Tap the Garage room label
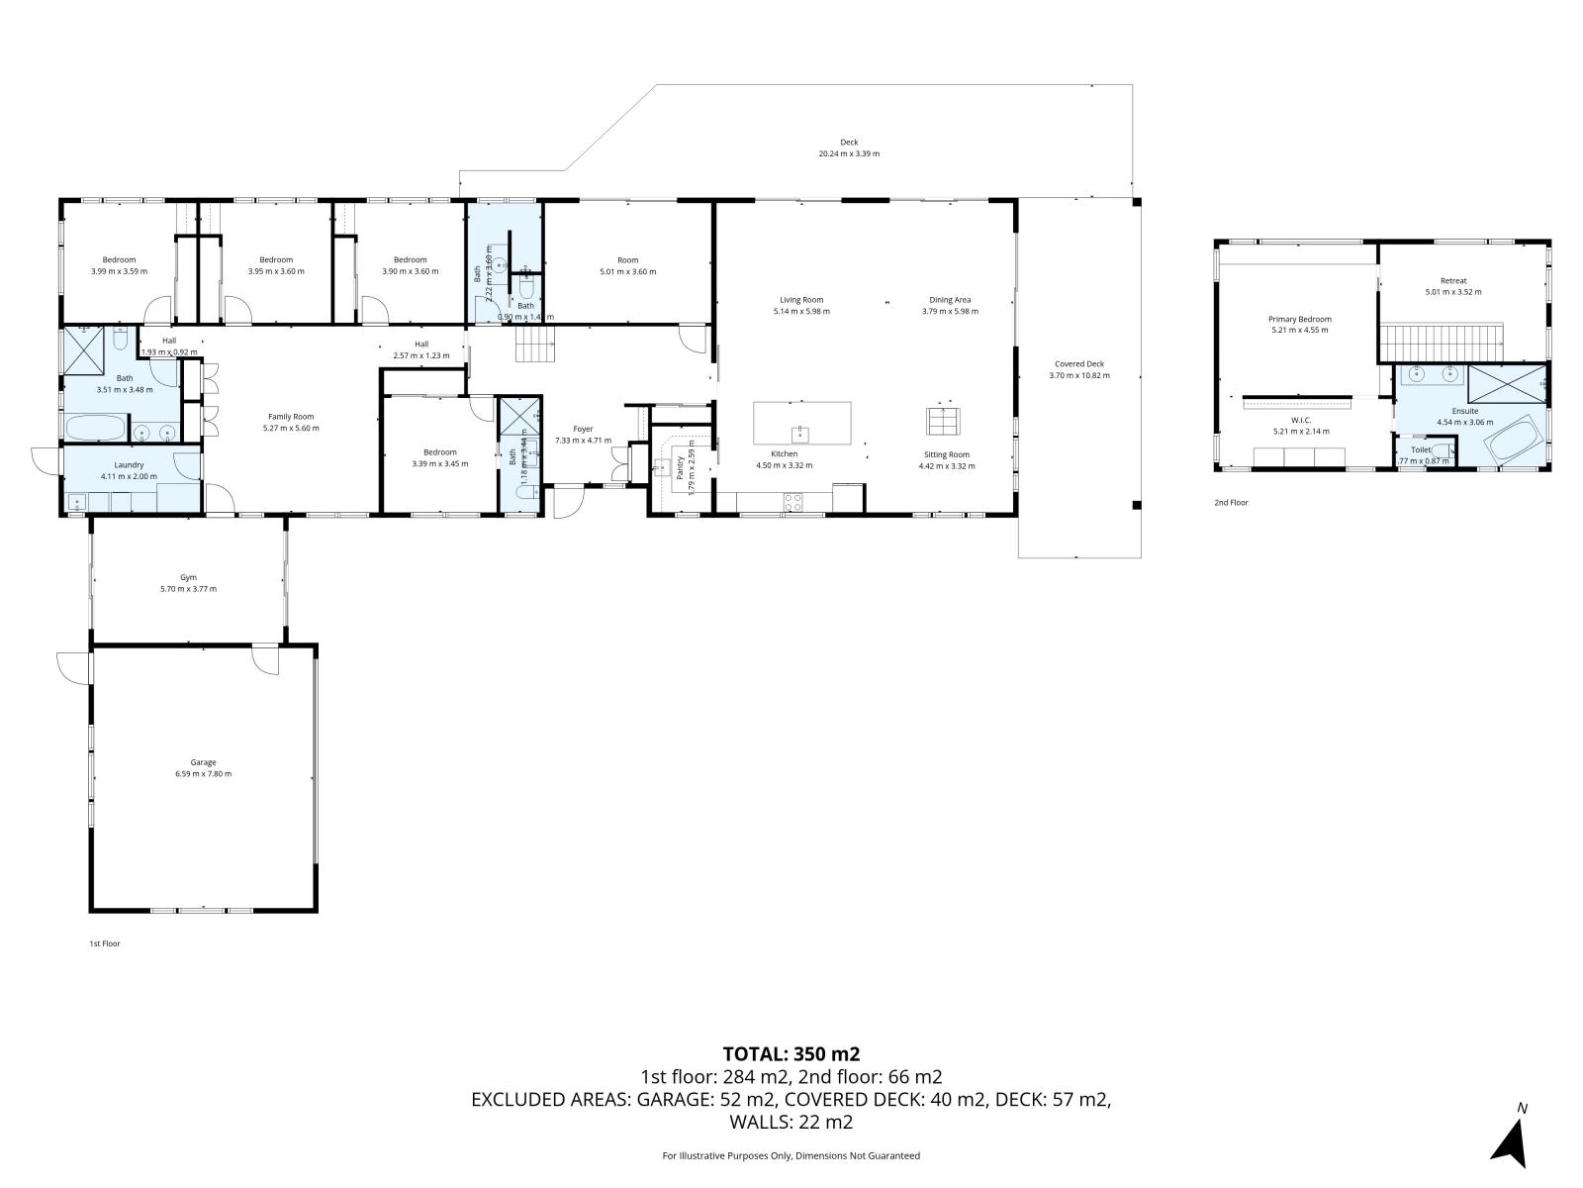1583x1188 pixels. (204, 762)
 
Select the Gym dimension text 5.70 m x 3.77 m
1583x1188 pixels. (188, 589)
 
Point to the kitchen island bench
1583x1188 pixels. (801, 424)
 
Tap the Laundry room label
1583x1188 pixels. (129, 464)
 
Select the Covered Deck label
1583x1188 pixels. (1079, 363)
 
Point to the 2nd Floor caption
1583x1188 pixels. (1231, 503)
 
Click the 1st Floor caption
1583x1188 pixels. (104, 943)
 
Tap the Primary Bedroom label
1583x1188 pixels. (1300, 319)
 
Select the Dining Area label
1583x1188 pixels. (950, 300)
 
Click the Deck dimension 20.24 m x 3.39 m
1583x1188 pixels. (849, 154)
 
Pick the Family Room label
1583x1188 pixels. (291, 417)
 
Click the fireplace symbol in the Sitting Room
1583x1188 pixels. (942, 421)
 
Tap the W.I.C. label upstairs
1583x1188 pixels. (1300, 420)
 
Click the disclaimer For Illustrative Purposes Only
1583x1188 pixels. (791, 1155)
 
